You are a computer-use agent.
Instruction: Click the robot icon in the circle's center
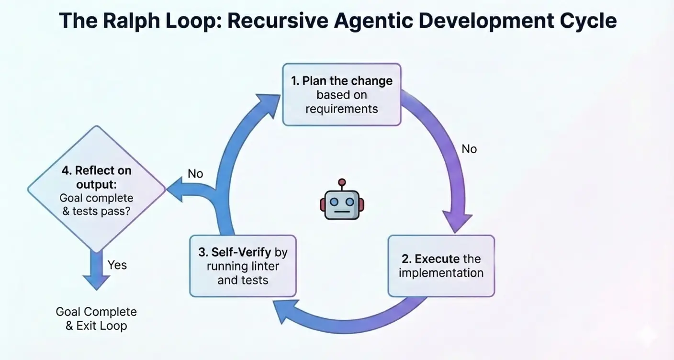pyautogui.click(x=341, y=203)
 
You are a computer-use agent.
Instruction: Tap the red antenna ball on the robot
pyautogui.click(x=341, y=182)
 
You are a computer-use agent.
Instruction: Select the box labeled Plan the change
pyautogui.click(x=341, y=94)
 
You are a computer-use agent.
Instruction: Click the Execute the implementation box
pyautogui.click(x=441, y=266)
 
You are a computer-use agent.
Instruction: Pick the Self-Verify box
pyautogui.click(x=242, y=266)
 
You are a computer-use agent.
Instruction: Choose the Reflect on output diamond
pyautogui.click(x=97, y=190)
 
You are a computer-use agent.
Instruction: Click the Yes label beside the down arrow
pyautogui.click(x=117, y=265)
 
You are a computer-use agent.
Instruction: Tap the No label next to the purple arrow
pyautogui.click(x=469, y=149)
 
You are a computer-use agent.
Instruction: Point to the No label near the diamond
pyautogui.click(x=195, y=174)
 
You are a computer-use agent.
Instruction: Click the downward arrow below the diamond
pyautogui.click(x=97, y=270)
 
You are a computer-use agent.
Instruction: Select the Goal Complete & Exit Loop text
pyautogui.click(x=96, y=319)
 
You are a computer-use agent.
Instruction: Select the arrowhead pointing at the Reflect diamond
pyautogui.click(x=175, y=190)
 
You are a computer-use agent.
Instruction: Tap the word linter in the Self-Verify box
pyautogui.click(x=260, y=266)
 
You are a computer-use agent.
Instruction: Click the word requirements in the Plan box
pyautogui.click(x=341, y=109)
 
